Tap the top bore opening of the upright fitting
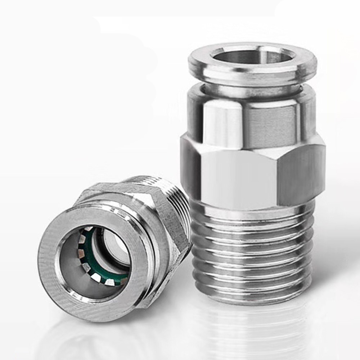point(252,56)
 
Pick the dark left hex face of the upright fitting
point(189,169)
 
